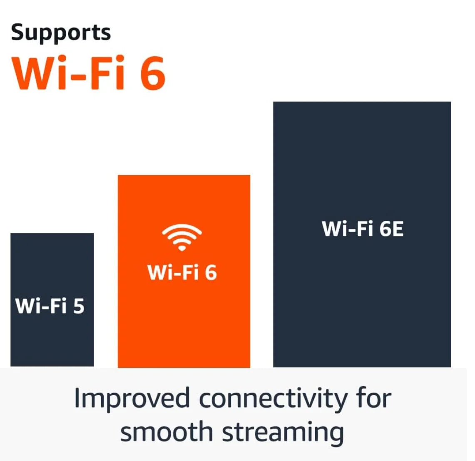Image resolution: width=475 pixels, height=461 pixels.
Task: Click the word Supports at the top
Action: click(x=61, y=33)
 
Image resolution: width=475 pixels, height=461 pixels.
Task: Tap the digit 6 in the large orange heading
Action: click(x=152, y=73)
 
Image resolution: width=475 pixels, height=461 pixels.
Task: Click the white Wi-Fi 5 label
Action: click(x=50, y=306)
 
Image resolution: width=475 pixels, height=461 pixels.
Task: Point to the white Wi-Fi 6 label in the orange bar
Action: click(x=182, y=273)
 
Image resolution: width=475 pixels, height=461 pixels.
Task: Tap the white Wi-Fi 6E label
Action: click(x=363, y=229)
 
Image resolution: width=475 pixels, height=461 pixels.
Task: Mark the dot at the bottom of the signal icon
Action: click(x=182, y=248)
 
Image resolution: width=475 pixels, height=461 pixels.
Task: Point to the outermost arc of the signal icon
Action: click(x=182, y=227)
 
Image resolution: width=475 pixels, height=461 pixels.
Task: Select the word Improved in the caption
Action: click(x=132, y=399)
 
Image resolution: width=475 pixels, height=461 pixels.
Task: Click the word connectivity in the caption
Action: click(x=273, y=399)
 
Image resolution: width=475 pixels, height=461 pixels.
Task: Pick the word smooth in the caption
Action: click(x=166, y=431)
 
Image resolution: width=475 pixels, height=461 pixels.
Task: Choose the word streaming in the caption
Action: click(x=283, y=433)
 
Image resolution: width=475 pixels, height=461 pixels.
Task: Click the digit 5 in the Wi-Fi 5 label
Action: click(x=79, y=306)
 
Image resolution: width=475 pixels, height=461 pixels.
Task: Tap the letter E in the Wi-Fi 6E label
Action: click(x=398, y=229)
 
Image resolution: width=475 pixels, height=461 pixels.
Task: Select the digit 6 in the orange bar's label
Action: click(x=211, y=273)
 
